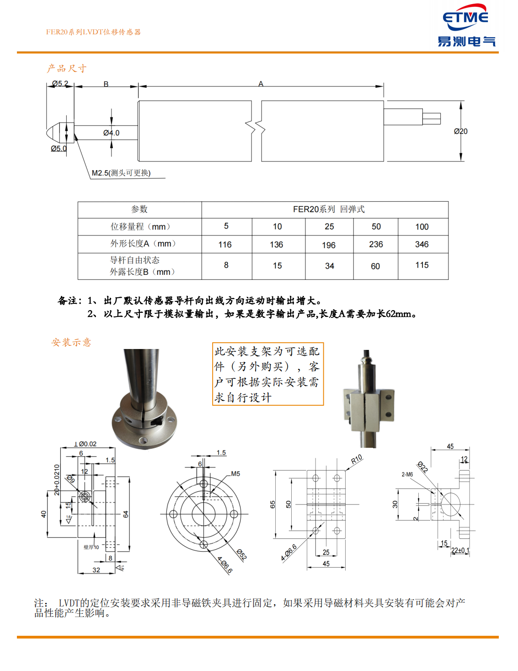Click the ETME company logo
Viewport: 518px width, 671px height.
[466, 26]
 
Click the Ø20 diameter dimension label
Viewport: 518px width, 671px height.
[460, 131]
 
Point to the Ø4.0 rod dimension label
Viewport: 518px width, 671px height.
[111, 133]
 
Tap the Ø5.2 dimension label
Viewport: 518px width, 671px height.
[60, 84]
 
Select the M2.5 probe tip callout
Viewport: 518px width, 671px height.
[121, 173]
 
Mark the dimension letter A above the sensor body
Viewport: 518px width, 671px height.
[261, 84]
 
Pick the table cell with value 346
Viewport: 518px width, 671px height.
[422, 244]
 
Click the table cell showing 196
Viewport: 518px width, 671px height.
[328, 245]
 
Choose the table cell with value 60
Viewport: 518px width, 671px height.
[375, 266]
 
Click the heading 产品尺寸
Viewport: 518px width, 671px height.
[67, 69]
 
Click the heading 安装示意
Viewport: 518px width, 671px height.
[71, 342]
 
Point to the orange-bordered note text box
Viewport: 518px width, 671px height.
[267, 374]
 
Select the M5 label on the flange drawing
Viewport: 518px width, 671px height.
[235, 474]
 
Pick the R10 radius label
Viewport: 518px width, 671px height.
[357, 459]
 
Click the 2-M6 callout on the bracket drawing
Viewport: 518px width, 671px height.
[407, 474]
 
